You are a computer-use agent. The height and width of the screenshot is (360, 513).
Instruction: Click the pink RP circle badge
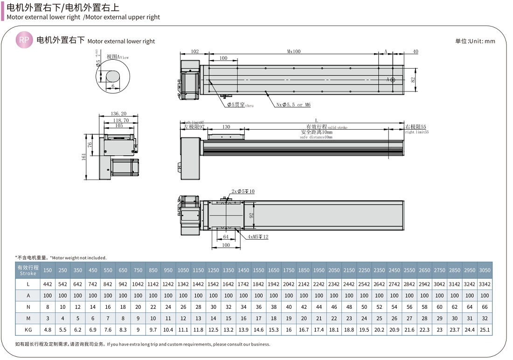tap(24, 41)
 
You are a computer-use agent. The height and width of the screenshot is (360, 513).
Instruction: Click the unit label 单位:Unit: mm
tap(475, 41)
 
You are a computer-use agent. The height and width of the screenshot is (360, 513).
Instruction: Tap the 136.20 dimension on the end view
tap(119, 113)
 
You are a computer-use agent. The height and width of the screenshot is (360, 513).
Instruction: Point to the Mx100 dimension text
tap(294, 51)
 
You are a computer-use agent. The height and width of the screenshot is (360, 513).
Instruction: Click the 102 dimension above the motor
tap(195, 51)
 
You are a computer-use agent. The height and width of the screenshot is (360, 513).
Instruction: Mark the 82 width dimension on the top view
tap(413, 80)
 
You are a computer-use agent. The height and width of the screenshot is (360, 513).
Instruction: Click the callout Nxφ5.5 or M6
tap(293, 105)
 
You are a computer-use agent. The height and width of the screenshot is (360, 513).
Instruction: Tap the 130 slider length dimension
tap(226, 127)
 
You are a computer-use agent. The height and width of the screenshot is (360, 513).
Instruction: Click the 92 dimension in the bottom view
tap(251, 215)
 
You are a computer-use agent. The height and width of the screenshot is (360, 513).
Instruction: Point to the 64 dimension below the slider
tap(226, 237)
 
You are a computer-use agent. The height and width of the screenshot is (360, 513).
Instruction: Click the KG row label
tap(28, 330)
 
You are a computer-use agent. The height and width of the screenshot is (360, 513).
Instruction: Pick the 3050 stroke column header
tap(485, 270)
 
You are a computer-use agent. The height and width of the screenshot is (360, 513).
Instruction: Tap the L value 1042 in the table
tap(138, 284)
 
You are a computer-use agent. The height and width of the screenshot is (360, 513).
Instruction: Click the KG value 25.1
tap(485, 330)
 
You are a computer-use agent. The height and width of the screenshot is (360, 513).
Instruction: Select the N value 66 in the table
tap(485, 307)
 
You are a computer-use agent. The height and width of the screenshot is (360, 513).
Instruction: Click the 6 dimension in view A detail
tap(113, 86)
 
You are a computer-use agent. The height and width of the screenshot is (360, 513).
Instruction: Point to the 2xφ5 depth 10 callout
tap(243, 192)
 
